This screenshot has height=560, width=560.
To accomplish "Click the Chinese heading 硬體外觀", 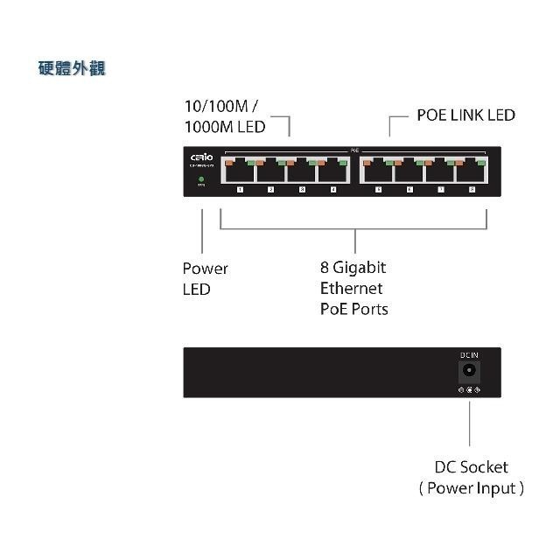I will click(x=72, y=67).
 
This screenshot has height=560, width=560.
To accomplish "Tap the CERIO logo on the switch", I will click(x=201, y=157).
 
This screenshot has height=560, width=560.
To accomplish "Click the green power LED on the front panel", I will click(x=201, y=179).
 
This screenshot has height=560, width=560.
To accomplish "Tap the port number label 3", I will click(x=302, y=189).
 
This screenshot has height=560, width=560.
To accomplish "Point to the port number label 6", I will click(x=409, y=189).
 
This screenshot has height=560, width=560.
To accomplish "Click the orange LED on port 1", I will click(x=229, y=162).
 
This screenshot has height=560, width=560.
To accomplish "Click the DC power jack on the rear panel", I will click(x=469, y=370).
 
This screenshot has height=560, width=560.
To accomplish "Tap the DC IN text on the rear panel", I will click(x=469, y=354).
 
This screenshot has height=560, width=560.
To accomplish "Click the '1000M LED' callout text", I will click(x=224, y=127).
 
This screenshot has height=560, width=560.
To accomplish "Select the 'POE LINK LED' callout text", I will click(x=465, y=115).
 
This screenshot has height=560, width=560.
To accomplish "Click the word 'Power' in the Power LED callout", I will click(x=205, y=269).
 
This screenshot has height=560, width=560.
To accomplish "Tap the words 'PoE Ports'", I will click(x=353, y=309).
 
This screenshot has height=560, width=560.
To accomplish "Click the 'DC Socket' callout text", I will click(x=471, y=467).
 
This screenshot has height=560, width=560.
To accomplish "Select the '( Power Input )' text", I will click(x=471, y=488).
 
